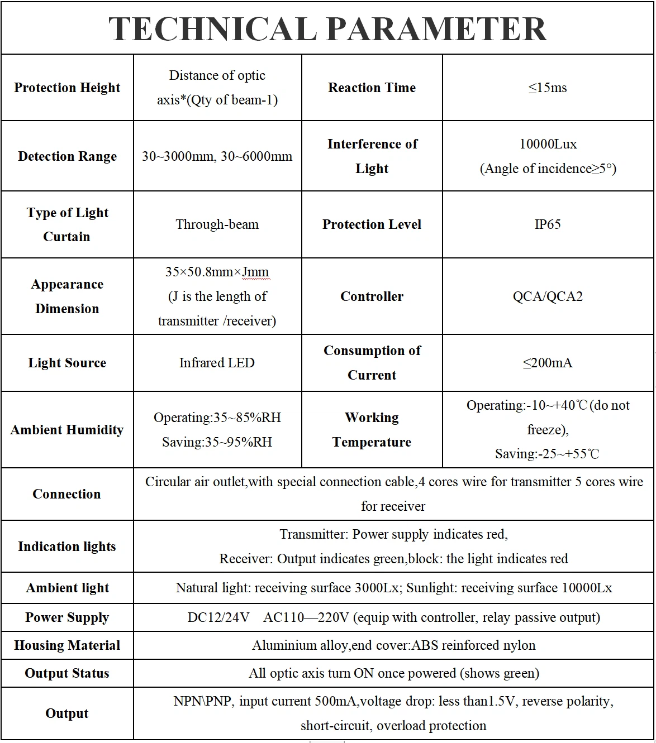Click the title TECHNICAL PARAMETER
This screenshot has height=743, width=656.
tap(327, 29)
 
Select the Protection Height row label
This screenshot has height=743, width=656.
tap(67, 88)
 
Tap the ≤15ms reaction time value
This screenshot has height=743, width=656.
tap(548, 88)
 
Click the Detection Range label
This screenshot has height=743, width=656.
tap(67, 156)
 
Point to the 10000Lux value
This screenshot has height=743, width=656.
tap(548, 144)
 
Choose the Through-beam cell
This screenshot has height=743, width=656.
tap(217, 224)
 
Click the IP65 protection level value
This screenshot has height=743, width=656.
tap(548, 224)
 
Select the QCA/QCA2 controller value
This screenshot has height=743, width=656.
tap(548, 296)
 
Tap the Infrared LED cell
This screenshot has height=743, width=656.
tap(217, 363)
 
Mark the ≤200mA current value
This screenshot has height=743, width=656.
tap(548, 363)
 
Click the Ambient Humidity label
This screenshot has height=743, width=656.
tap(67, 430)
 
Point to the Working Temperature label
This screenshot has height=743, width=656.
tap(372, 430)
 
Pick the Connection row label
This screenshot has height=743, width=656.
tap(67, 494)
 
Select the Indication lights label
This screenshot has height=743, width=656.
tap(67, 547)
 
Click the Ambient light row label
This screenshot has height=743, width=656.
tap(67, 588)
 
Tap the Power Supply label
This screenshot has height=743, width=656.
tap(67, 617)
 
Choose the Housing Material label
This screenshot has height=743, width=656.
tap(67, 645)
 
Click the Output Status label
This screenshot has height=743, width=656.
tap(67, 673)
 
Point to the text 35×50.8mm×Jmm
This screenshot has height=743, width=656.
tap(217, 272)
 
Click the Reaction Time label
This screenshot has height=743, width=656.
tap(372, 88)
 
